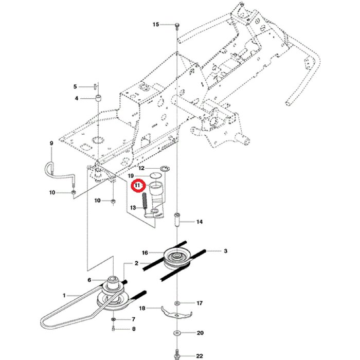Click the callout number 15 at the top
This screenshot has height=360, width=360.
click(x=156, y=24)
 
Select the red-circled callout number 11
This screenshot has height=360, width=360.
click(x=137, y=186)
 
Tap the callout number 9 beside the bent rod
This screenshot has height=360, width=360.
click(x=51, y=142)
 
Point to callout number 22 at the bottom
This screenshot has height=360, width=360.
click(x=200, y=355)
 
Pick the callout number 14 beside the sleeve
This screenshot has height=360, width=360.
click(x=200, y=222)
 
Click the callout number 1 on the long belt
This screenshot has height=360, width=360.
click(x=64, y=295)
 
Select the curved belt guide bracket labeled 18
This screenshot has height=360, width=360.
click(x=176, y=312)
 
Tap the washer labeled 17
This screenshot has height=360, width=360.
click(x=177, y=303)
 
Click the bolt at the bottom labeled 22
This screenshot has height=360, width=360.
click(x=177, y=355)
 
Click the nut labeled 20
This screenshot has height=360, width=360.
click(x=177, y=333)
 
